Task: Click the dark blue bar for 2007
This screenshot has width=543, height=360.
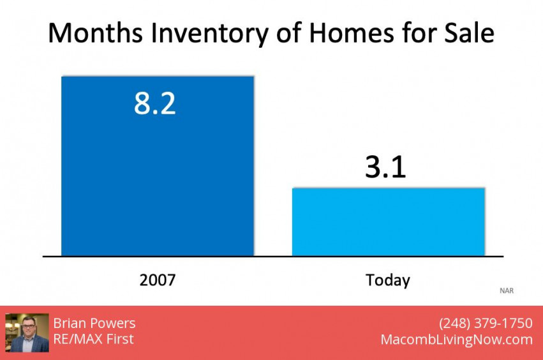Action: click(158, 166)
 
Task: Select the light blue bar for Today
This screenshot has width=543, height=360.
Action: click(389, 221)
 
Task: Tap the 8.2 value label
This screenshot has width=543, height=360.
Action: click(155, 103)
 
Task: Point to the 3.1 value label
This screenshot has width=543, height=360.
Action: click(385, 167)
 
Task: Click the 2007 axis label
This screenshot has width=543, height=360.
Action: click(158, 280)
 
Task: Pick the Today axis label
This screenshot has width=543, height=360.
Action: click(388, 281)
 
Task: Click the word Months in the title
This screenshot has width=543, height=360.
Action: click(95, 33)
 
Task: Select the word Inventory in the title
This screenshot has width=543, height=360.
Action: click(209, 34)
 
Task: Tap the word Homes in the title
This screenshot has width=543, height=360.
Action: click(351, 33)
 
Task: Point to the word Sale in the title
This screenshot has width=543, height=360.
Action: click(469, 33)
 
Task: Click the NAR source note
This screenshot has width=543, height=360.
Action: click(507, 290)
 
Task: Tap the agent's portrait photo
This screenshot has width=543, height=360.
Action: click(27, 333)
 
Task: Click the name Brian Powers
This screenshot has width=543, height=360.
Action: click(94, 323)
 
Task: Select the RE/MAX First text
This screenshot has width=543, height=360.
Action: click(94, 339)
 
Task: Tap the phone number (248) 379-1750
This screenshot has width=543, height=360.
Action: click(486, 323)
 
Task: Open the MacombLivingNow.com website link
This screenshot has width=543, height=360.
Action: click(457, 340)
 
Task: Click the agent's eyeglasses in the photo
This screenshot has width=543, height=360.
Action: click(29, 326)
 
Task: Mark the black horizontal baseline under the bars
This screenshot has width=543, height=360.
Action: click(273, 257)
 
